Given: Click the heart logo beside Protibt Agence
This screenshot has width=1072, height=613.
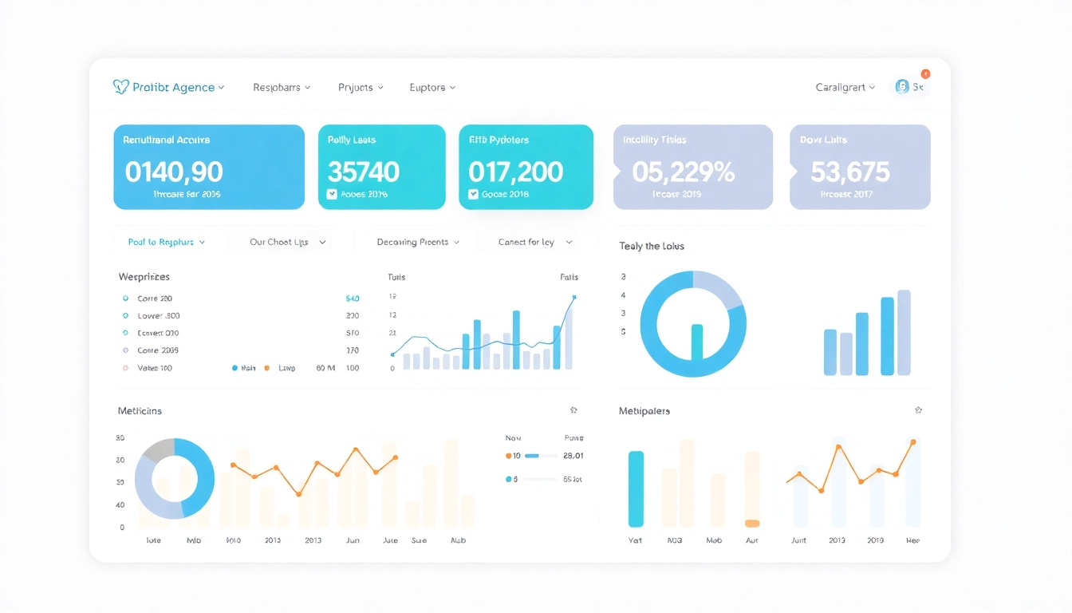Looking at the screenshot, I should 120,87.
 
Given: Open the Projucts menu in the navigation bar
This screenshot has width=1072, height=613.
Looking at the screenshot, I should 361,88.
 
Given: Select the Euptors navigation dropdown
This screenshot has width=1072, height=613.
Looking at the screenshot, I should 432,88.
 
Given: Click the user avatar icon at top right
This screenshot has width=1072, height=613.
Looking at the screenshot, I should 902,87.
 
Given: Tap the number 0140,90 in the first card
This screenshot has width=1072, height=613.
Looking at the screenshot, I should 174,172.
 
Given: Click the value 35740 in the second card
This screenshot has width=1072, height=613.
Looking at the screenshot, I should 364,172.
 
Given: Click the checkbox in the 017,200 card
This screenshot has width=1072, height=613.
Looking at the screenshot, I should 473,194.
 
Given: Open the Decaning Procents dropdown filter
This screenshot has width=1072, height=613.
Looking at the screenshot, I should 418,242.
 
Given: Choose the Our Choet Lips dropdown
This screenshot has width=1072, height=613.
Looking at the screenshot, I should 287,242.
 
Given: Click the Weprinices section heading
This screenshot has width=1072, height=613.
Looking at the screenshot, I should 144,277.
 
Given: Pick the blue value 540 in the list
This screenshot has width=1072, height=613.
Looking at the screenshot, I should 352,299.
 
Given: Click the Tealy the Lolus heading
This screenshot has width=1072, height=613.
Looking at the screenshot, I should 652,246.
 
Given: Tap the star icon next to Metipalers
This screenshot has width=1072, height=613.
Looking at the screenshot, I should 918,410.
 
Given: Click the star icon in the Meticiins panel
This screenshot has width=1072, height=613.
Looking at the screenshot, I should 573,410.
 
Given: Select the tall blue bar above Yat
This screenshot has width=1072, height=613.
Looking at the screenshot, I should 636,488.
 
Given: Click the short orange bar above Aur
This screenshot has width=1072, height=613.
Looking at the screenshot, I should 751,524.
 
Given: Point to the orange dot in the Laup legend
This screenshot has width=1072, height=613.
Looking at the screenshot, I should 266,368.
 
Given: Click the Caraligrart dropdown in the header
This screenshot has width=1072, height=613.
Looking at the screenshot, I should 845,88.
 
